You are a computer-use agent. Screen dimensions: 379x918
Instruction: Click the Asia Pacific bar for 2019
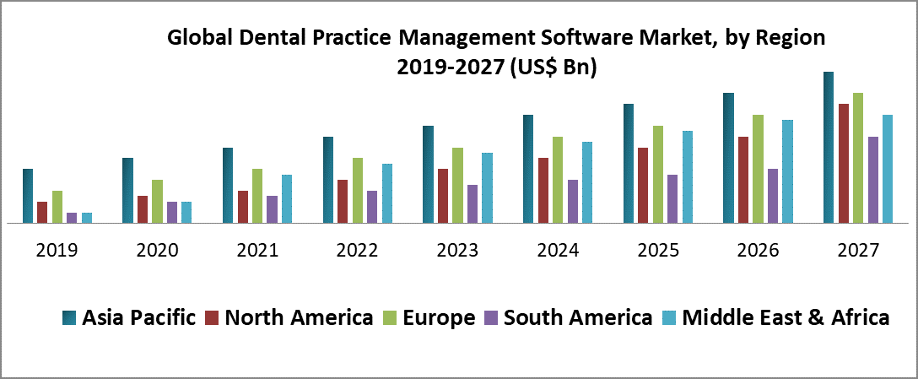coord(28,196)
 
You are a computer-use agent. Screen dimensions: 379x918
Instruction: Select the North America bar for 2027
coord(843,164)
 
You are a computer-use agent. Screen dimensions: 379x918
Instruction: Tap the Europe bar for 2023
coord(457,186)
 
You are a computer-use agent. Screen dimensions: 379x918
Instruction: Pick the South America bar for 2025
coord(672,199)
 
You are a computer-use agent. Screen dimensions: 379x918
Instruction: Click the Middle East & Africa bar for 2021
coord(287,199)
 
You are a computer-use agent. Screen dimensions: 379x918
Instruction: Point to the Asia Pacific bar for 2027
coord(829,148)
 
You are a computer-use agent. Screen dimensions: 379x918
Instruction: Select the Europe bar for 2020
coord(157,202)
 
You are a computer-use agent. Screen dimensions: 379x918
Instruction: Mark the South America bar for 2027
coord(873,180)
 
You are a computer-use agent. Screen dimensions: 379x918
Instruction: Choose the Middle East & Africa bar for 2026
coord(787,171)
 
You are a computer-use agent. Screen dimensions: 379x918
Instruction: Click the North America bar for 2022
coord(343,202)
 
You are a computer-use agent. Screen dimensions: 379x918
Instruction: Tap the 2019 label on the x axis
coord(57,251)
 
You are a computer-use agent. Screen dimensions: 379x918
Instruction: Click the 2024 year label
coord(558,251)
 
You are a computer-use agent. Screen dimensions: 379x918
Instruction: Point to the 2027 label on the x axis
coord(858,251)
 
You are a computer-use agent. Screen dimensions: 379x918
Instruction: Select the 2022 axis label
coord(357,251)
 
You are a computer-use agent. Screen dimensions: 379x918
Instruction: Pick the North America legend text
coord(299,317)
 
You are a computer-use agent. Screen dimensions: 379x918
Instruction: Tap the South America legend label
coord(577,317)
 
